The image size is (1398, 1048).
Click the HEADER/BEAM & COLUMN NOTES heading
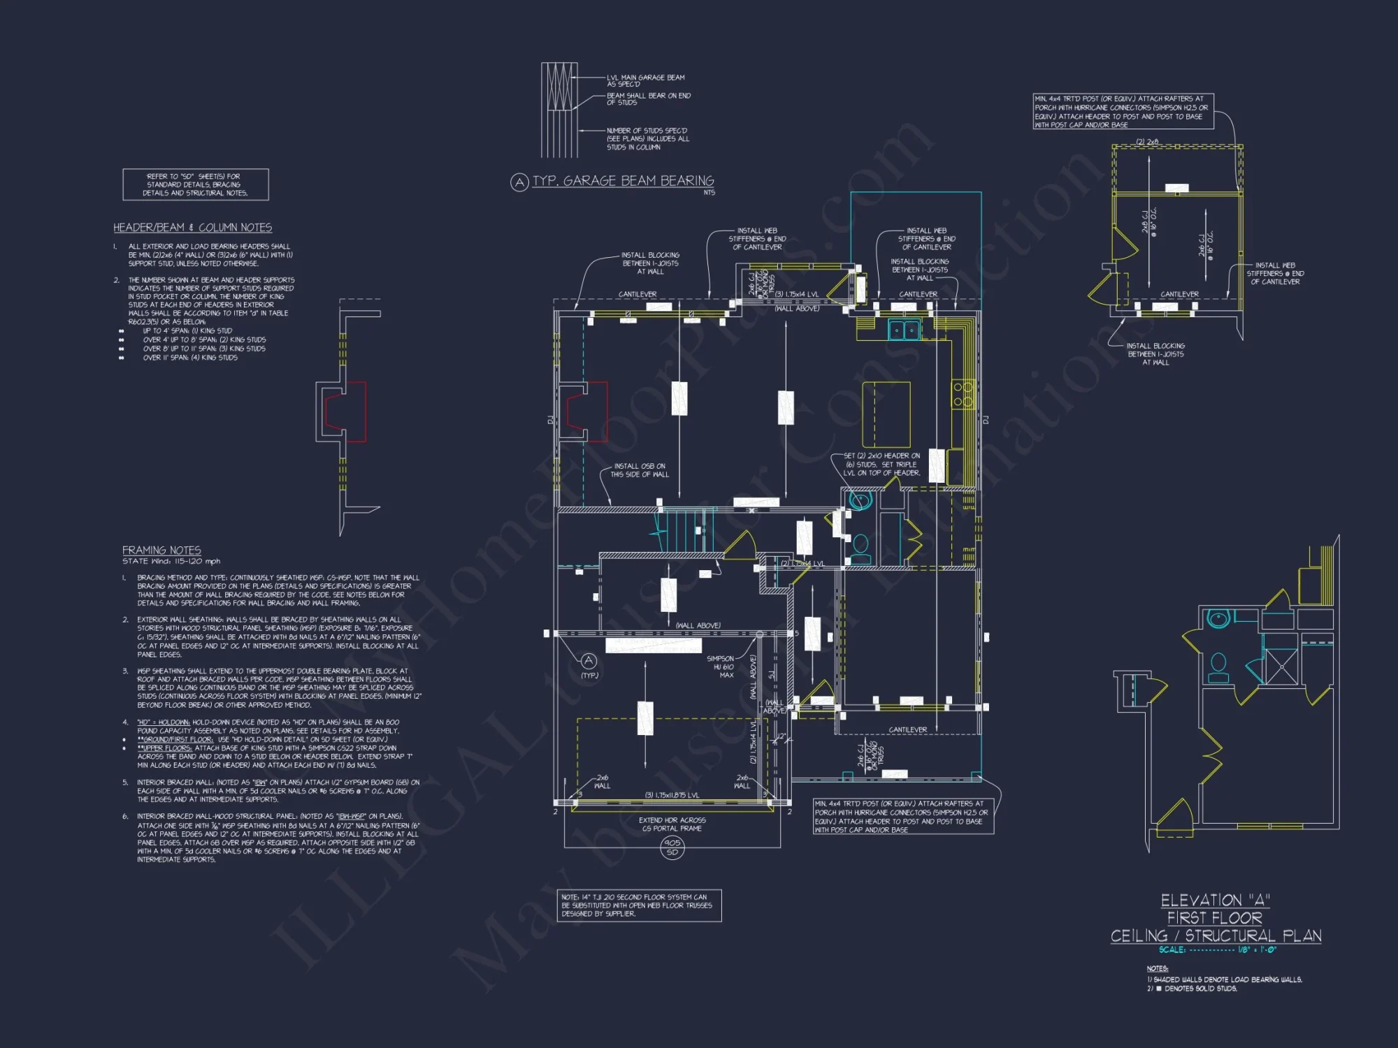click(192, 228)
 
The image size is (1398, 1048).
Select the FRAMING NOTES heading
click(161, 551)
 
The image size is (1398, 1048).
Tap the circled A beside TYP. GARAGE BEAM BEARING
click(519, 182)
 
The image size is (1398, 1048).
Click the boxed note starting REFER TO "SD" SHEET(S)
click(196, 184)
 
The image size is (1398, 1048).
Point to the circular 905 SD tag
click(672, 847)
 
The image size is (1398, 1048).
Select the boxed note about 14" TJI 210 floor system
click(639, 905)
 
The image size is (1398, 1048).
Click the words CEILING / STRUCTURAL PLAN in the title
click(1216, 936)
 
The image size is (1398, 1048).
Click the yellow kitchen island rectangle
click(886, 414)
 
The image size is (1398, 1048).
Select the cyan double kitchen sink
click(904, 330)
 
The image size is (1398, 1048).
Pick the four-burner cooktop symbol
click(963, 394)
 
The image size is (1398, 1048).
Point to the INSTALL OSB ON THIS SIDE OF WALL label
click(640, 470)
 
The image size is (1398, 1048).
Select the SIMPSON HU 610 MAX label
click(720, 667)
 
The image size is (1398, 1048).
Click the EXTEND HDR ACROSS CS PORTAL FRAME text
click(672, 824)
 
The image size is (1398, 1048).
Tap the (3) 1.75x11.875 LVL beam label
click(671, 795)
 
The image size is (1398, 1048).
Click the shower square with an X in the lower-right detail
click(1281, 667)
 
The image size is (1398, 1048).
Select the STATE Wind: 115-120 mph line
click(171, 561)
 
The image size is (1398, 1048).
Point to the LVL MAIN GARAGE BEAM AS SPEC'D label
click(645, 80)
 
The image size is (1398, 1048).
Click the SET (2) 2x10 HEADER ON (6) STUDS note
click(881, 464)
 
